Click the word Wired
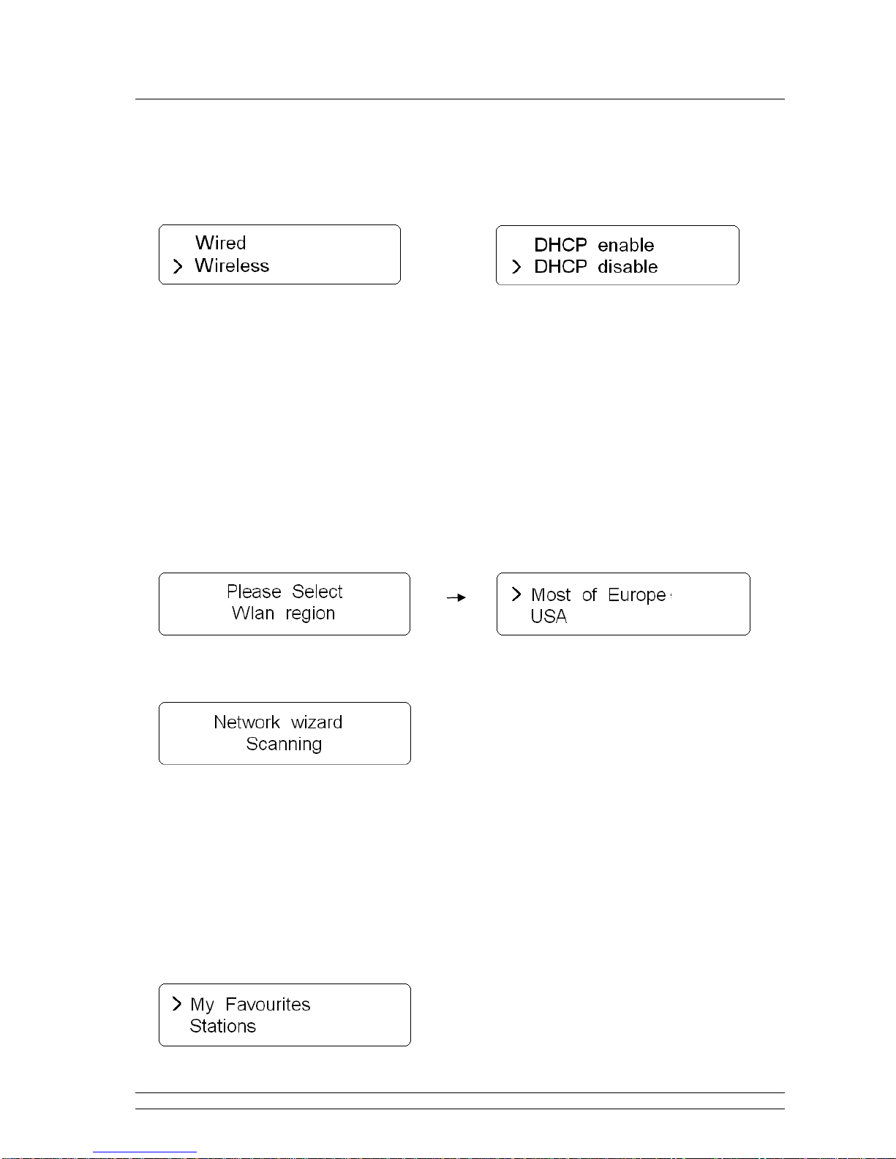coord(220,243)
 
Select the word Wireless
coord(232,265)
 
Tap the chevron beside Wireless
coord(177,267)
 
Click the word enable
coord(625,245)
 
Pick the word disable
coord(627,267)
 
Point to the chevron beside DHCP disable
coord(516,267)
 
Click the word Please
coord(254,592)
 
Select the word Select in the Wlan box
coord(317,592)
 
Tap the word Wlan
coord(253,614)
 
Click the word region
coord(310,614)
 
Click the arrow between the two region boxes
coord(456,597)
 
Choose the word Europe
coord(636,595)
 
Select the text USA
coord(549,616)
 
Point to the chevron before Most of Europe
coord(516,594)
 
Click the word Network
coord(246,722)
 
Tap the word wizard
coord(316,722)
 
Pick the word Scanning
coord(284,744)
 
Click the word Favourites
coord(268,1005)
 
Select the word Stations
coord(222,1027)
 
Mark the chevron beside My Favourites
coord(176,1003)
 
